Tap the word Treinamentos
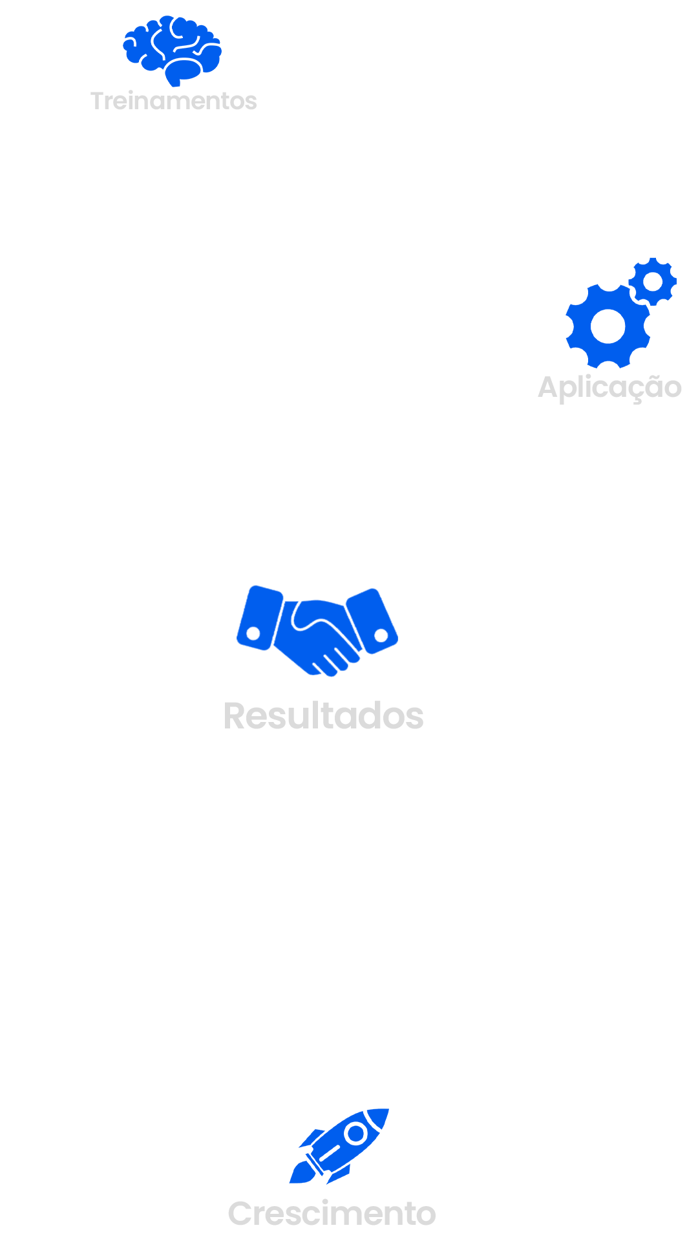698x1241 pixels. (x=173, y=101)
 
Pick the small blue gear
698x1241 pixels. (x=653, y=282)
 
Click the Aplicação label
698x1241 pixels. (x=609, y=387)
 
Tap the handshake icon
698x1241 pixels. (x=317, y=630)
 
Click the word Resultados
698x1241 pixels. (x=323, y=716)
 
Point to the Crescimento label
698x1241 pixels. (x=332, y=1213)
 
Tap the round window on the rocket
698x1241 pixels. (x=355, y=1133)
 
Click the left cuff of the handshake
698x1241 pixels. (x=259, y=617)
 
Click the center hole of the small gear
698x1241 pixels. (x=653, y=282)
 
